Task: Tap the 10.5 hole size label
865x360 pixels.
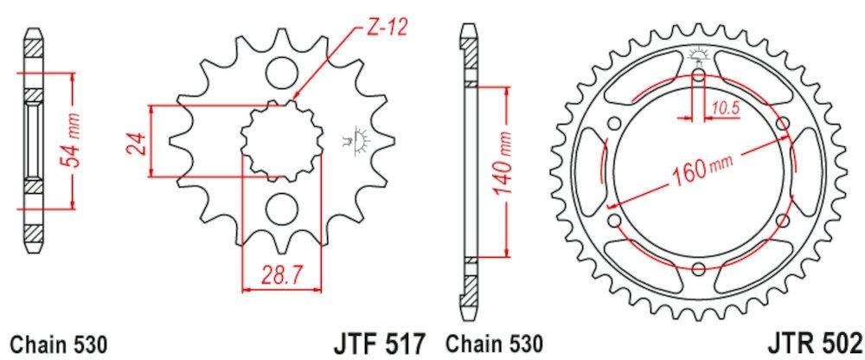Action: (725, 108)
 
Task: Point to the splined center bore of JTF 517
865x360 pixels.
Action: (279, 139)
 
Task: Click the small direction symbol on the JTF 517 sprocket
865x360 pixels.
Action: (355, 140)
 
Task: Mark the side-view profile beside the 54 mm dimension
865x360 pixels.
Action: (32, 138)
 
